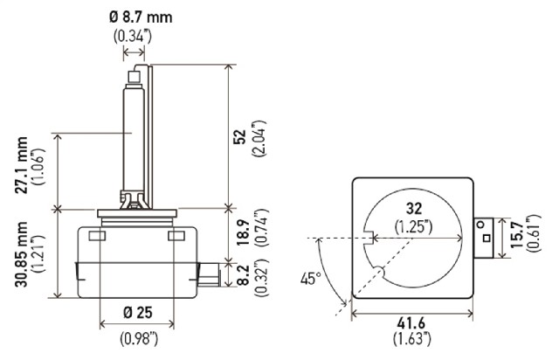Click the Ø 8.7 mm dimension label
pos(141,17)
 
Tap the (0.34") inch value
pos(133,36)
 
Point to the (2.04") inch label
pos(259,139)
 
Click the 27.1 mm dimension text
pos(21,165)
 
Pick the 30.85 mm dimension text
pos(21,254)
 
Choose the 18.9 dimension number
pos(243,232)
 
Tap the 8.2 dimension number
pos(243,274)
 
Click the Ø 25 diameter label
pos(138,313)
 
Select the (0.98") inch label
pos(139,338)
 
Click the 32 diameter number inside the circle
pos(413,208)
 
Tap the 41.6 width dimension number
pos(411,323)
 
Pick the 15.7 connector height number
pos(516,234)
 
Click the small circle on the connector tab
pos(481,225)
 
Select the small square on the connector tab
pos(487,238)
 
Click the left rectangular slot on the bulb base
pos(97,236)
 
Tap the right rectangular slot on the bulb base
pos(176,236)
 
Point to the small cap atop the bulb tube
pos(135,76)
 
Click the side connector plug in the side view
pos(209,274)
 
